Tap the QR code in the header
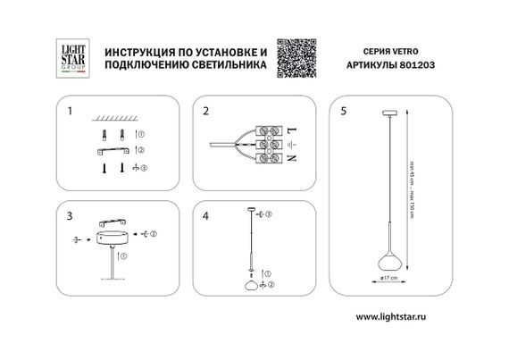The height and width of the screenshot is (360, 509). point(296,55)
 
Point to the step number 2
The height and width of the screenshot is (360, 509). point(205,113)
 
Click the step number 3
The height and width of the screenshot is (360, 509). point(69,217)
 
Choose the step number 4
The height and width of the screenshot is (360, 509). point(205,217)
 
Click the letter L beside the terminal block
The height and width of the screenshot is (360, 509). point(291,130)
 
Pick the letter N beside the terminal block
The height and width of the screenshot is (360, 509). point(291,158)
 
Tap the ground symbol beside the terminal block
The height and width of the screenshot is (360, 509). point(291,145)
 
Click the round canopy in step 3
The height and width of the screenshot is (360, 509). point(111,239)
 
